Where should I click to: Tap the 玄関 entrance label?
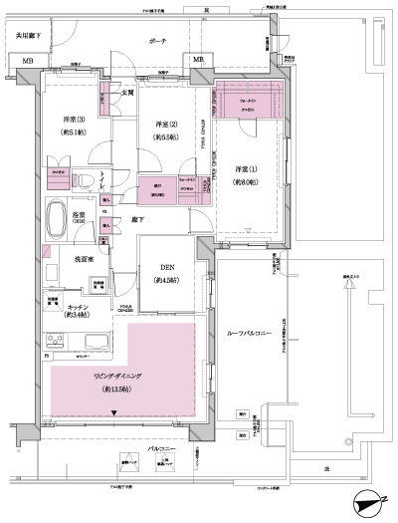click(128, 94)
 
